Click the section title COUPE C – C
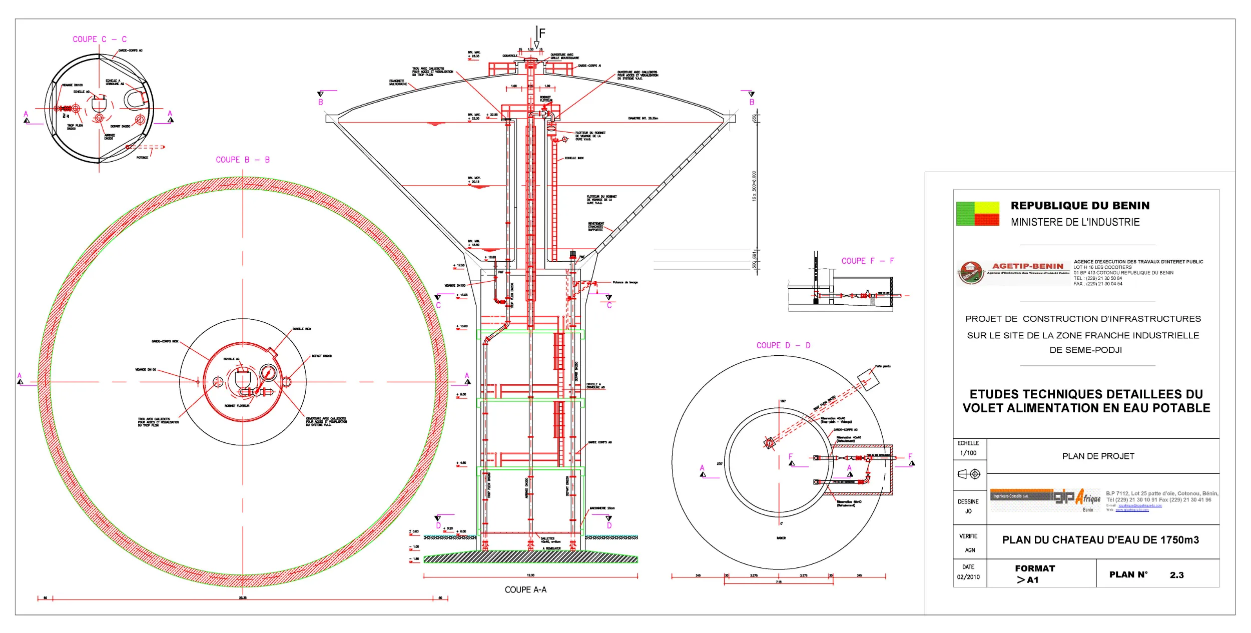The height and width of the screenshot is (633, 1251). pos(100,39)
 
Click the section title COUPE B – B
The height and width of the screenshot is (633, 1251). pos(243,160)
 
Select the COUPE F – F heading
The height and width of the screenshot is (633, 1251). pos(867,261)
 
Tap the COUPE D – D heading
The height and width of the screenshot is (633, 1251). pos(783,345)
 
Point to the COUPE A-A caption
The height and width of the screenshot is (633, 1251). pos(525,589)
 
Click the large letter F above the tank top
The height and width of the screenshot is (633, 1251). pos(542,34)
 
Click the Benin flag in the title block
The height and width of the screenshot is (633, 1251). pos(977,214)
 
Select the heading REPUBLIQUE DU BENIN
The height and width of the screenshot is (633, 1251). pos(1080,206)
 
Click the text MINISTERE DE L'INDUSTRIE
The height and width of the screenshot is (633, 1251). pos(1075,222)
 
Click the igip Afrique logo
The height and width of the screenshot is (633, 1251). pos(1045,499)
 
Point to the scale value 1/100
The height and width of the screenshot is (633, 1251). pos(968,453)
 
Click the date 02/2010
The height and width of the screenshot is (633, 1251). pos(968,577)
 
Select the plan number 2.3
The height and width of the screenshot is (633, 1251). pos(1176,575)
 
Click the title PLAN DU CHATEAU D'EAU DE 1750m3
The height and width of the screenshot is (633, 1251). pos(1100,540)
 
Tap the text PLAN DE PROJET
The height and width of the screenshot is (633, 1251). pos(1098,456)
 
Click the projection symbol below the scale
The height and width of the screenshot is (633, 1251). pos(968,474)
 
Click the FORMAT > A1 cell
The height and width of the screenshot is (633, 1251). pos(1034,574)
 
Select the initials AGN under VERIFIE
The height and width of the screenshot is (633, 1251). pos(970,550)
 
